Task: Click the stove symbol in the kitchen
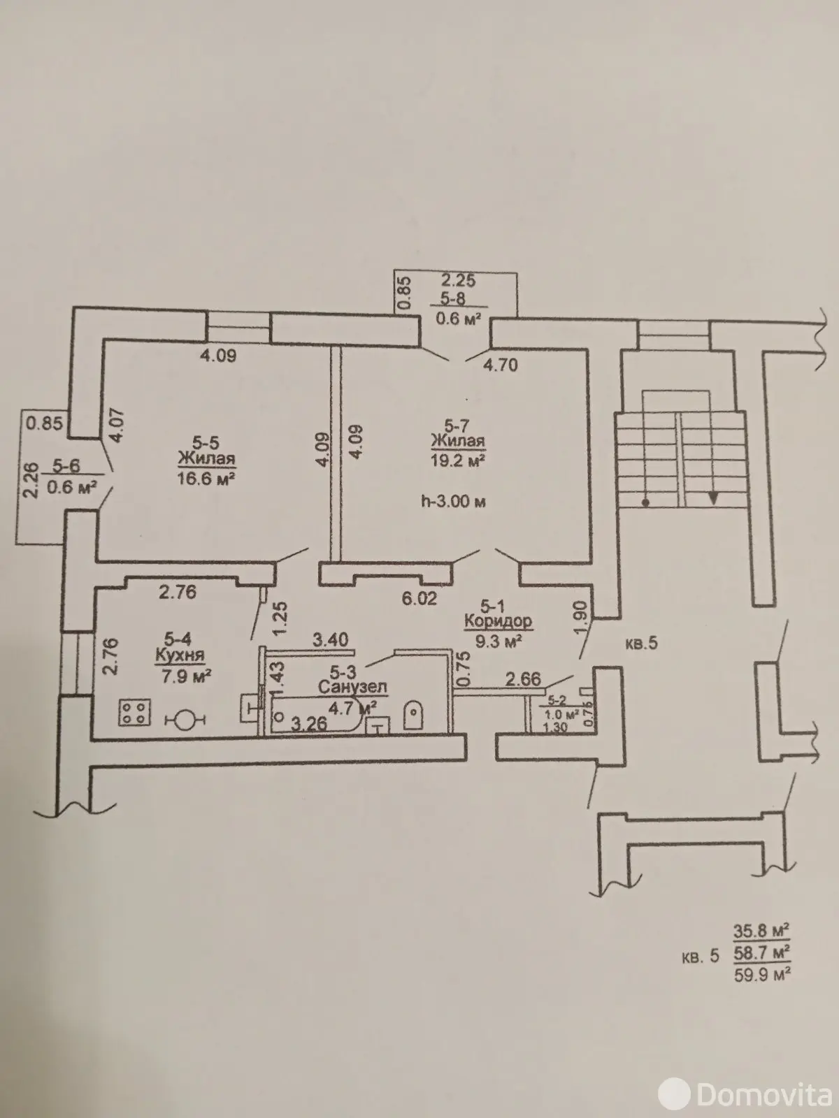tap(134, 711)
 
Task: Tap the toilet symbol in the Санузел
tap(413, 714)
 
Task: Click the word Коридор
tap(499, 622)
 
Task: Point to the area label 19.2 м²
tap(457, 461)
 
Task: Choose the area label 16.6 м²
tap(206, 478)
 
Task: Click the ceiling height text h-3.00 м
tap(453, 502)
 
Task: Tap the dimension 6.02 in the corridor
tap(419, 598)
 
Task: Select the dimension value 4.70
tap(500, 365)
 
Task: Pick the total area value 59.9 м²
tap(762, 975)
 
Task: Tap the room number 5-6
tap(66, 465)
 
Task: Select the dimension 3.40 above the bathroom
tap(330, 639)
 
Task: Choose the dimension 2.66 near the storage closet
tap(523, 679)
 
